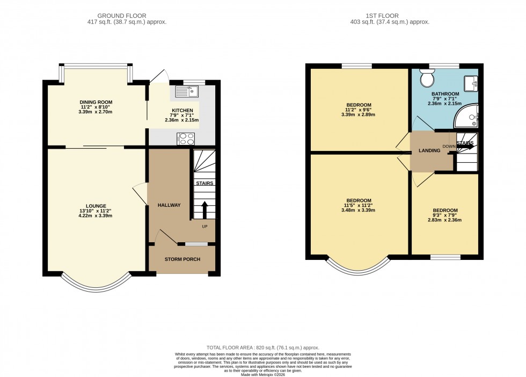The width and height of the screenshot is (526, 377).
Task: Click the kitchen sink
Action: click(185, 92)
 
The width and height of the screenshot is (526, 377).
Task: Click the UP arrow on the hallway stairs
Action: click(204, 210)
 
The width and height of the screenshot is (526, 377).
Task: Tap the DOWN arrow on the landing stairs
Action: click(465, 146)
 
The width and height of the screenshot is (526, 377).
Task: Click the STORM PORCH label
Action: click(182, 259)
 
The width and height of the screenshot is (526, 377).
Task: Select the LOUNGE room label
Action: click(96, 206)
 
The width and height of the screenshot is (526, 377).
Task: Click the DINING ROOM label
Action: click(96, 102)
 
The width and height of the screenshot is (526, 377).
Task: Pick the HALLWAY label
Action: click(169, 205)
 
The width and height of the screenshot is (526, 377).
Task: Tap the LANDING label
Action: click(429, 151)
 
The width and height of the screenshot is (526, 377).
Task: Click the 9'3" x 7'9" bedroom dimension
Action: click(445, 215)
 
